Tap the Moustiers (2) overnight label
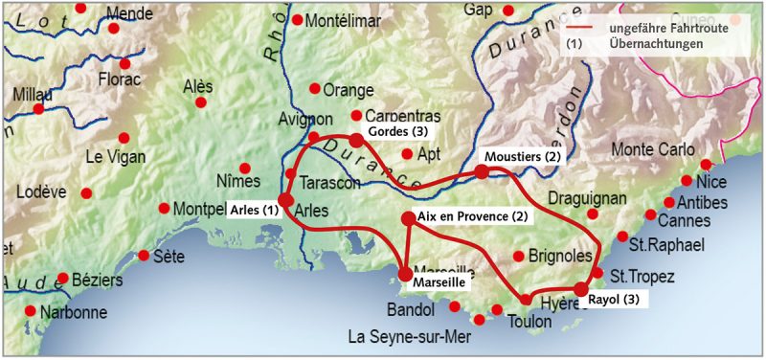pos(522,156)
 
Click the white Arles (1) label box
pos(254,210)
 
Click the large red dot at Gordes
pos(356,141)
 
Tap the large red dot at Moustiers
pos(482,171)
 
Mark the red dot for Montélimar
pos(298,20)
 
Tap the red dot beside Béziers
pos(63,279)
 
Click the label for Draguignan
pos(587,198)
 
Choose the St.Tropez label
pos(642,277)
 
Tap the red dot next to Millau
pos(38,109)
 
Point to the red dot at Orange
pos(314,88)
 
